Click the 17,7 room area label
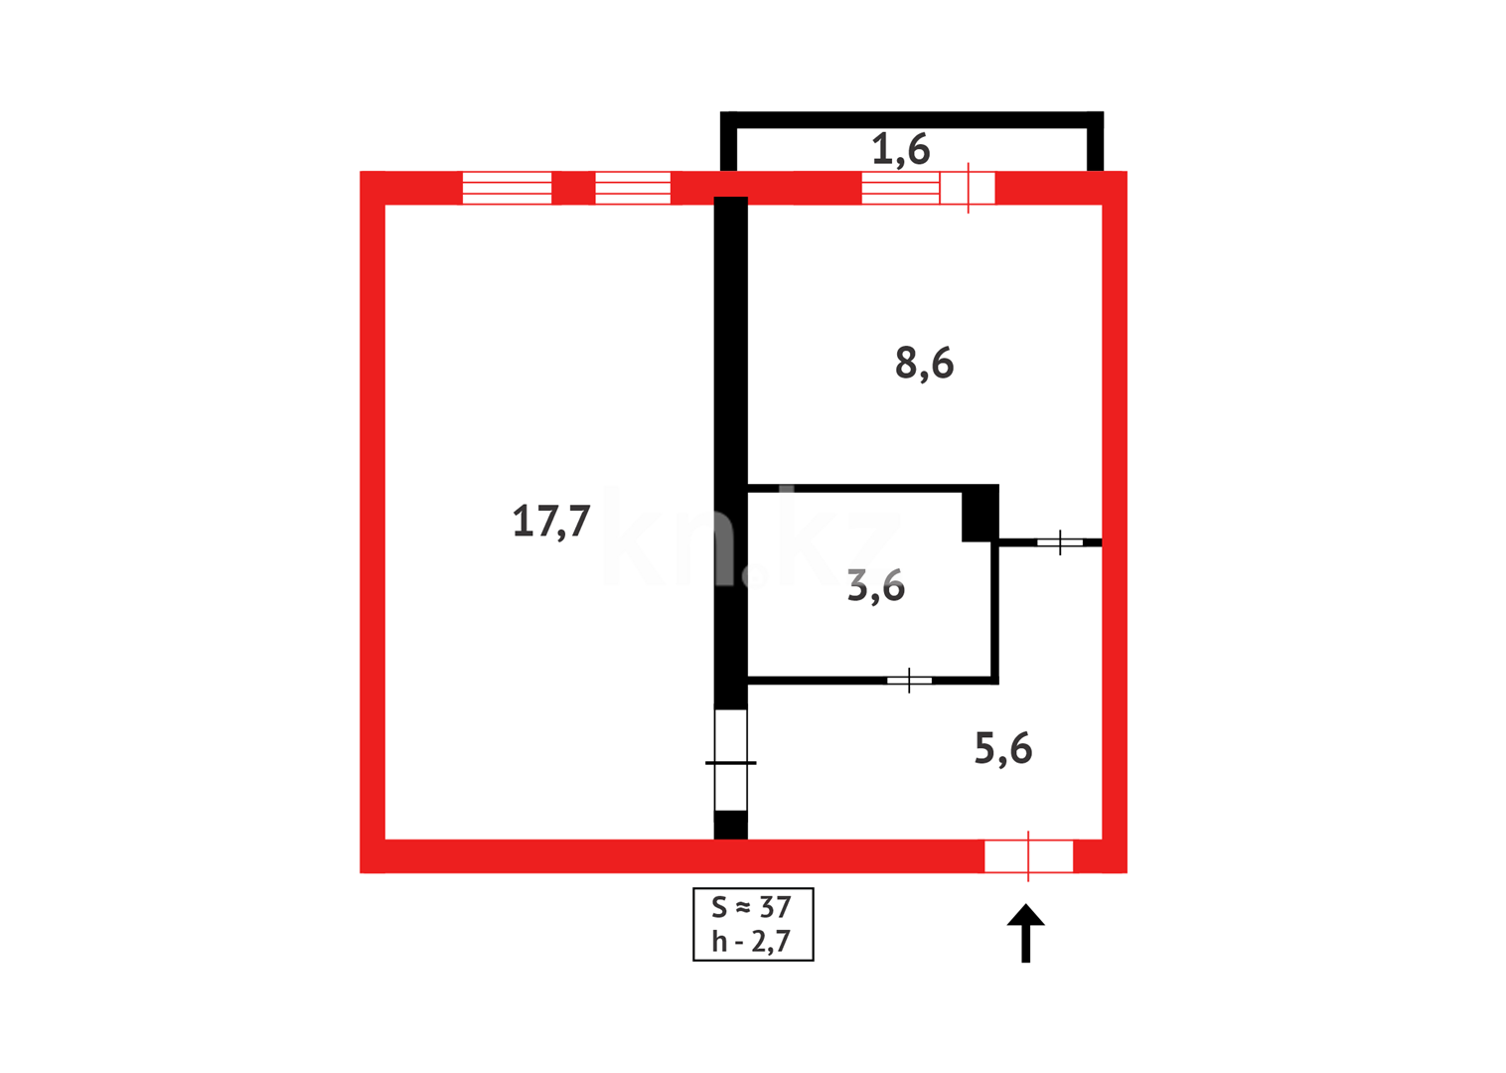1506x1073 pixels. tap(551, 521)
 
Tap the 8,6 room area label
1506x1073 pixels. tap(924, 364)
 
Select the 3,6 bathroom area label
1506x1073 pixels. tap(875, 586)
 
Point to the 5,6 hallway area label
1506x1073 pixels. tap(1002, 748)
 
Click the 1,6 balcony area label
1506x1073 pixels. tap(900, 150)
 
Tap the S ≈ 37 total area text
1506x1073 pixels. tap(752, 907)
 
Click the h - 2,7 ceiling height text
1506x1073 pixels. tap(752, 941)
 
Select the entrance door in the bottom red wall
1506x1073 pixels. tap(1028, 855)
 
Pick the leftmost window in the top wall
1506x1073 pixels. tap(507, 188)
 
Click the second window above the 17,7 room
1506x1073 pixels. tap(633, 188)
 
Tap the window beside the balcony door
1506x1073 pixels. tap(900, 188)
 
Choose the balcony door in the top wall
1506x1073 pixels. tap(968, 188)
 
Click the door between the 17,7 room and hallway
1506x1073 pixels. tap(731, 761)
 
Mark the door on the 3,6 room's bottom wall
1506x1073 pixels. tap(909, 681)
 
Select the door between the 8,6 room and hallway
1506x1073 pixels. tap(1060, 542)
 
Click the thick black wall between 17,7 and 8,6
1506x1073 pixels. tap(731, 397)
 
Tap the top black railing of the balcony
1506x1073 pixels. tap(911, 119)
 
